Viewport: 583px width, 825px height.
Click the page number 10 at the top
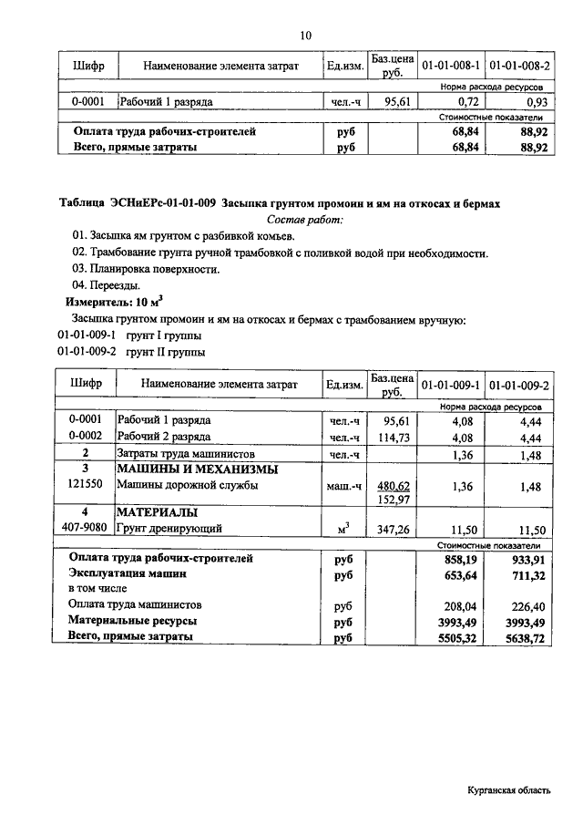click(305, 36)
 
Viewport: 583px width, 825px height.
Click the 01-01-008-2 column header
click(518, 67)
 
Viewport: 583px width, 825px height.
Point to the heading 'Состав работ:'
click(305, 220)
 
